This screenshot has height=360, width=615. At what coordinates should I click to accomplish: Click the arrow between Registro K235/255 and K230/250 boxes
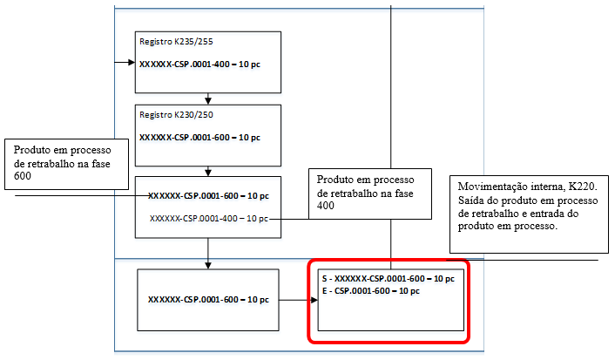click(207, 99)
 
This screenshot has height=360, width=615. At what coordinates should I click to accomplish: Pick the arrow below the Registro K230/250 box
click(207, 172)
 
